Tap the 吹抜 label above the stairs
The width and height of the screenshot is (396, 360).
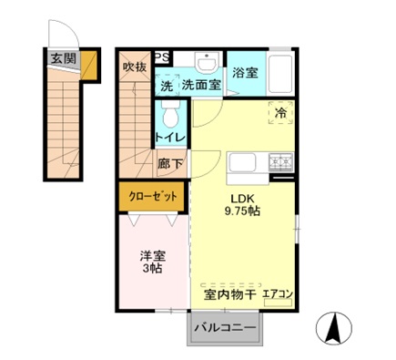point(135,67)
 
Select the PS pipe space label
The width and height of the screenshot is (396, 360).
point(163,56)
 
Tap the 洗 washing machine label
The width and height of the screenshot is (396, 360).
point(166,86)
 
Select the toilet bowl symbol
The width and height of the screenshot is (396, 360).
point(169,116)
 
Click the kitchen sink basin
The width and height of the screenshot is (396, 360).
point(245,164)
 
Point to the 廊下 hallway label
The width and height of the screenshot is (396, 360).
point(169,165)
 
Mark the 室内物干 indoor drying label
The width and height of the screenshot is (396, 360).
point(227,295)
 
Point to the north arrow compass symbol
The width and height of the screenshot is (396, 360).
point(333,325)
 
